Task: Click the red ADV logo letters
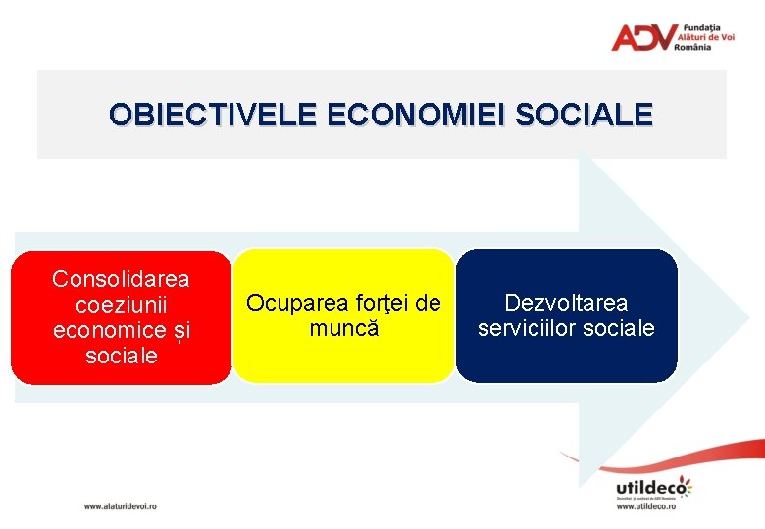[x=642, y=37]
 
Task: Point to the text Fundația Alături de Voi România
[x=706, y=37]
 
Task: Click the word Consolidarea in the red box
[x=121, y=279]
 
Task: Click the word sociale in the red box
[x=121, y=356]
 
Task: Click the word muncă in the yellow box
[x=343, y=328]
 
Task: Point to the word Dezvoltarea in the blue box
[x=566, y=303]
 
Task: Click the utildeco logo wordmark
[x=651, y=487]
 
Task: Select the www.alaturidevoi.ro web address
[x=120, y=506]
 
